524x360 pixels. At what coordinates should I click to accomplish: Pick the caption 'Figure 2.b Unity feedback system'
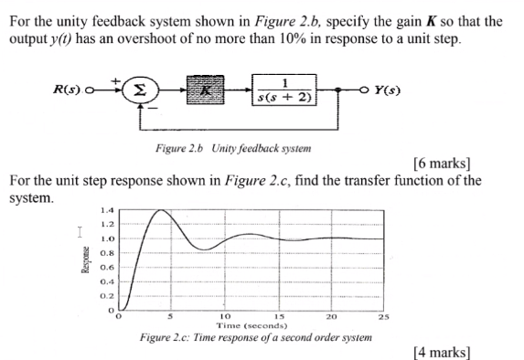coord(234,147)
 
